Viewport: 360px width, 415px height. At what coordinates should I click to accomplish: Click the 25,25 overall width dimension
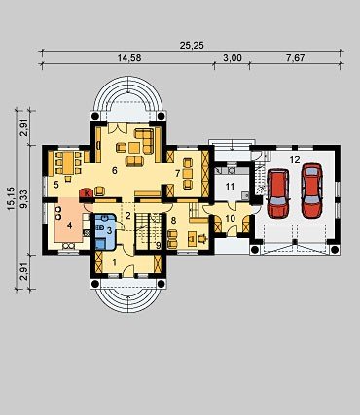tap(192, 46)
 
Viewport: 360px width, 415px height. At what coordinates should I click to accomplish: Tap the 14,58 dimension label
tap(129, 58)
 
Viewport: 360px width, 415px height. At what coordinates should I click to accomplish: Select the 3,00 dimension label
tap(233, 58)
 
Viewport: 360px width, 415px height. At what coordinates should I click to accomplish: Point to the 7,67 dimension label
tap(296, 58)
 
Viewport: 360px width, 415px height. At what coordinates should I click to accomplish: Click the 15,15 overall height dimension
tap(12, 198)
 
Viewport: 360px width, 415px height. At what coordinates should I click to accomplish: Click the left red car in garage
tap(278, 193)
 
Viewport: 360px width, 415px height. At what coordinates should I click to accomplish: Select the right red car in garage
tap(312, 190)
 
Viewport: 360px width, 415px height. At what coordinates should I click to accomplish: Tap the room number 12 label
tap(295, 160)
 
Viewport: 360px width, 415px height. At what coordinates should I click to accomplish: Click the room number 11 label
tap(230, 186)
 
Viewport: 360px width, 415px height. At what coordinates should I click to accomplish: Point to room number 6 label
tap(114, 171)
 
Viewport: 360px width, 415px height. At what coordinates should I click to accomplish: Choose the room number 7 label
tap(177, 174)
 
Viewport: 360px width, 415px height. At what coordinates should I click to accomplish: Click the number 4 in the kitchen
tap(69, 225)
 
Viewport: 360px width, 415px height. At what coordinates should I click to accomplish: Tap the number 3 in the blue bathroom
tap(109, 230)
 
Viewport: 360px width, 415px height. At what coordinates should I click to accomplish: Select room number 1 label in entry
tap(114, 262)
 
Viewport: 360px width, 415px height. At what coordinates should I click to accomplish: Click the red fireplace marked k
tap(87, 193)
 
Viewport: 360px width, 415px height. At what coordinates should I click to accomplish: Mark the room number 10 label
tap(230, 218)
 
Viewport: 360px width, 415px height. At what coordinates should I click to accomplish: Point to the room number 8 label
tap(173, 221)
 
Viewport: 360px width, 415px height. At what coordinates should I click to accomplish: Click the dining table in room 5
tap(68, 163)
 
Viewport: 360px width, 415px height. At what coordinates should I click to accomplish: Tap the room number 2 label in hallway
tap(128, 216)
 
